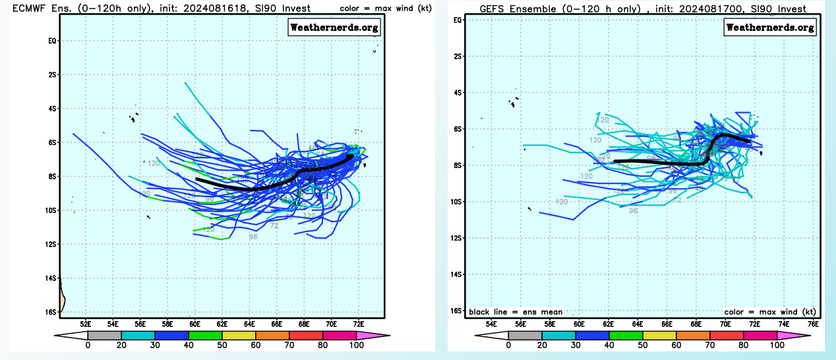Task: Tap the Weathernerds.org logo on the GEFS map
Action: pyautogui.click(x=770, y=27)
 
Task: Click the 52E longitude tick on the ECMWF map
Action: pyautogui.click(x=85, y=324)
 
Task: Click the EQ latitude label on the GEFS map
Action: pyautogui.click(x=458, y=20)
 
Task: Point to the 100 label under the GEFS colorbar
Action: pyautogui.click(x=777, y=345)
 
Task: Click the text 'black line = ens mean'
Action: pyautogui.click(x=516, y=312)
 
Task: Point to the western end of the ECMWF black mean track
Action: pyautogui.click(x=197, y=179)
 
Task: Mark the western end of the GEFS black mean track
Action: pyautogui.click(x=614, y=161)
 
